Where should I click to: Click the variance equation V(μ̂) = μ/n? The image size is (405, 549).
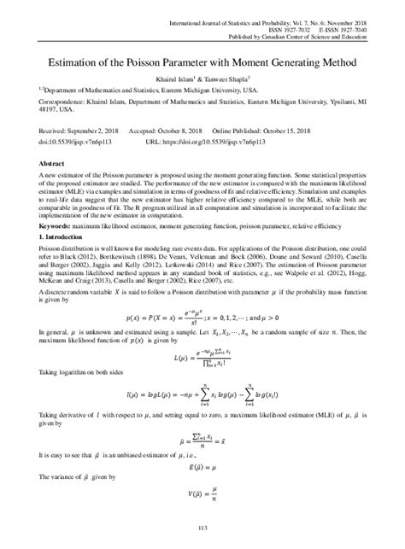pos(202,491)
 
